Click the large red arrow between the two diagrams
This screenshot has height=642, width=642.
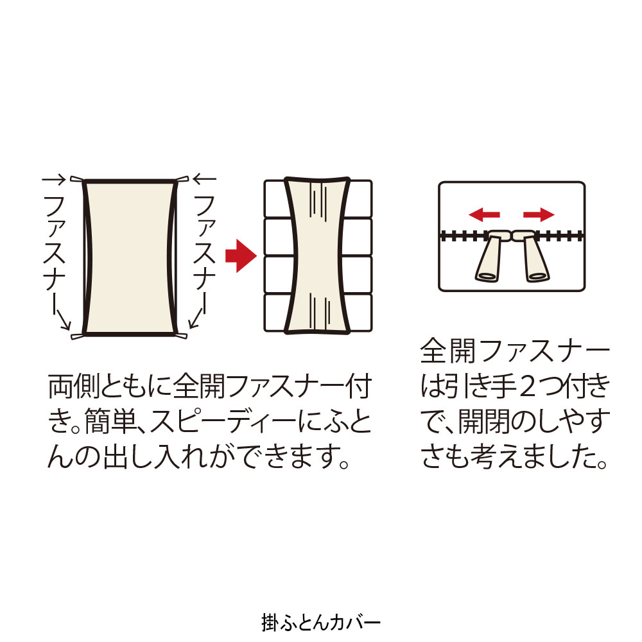click(x=241, y=256)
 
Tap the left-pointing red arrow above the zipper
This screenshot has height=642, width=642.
click(x=484, y=214)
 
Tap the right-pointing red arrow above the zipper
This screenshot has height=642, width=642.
click(x=539, y=214)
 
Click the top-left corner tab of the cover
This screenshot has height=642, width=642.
click(x=76, y=179)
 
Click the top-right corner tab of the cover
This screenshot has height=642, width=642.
click(x=182, y=179)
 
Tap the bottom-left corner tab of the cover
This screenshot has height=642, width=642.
click(x=77, y=336)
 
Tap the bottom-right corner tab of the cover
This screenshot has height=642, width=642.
click(x=180, y=336)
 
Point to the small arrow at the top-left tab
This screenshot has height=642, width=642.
click(x=54, y=179)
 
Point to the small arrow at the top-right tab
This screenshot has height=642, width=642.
click(x=204, y=179)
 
